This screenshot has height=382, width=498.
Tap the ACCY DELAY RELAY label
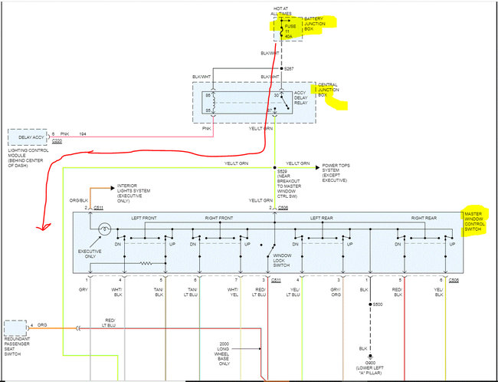click(x=304, y=98)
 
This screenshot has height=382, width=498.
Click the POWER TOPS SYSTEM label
click(x=341, y=170)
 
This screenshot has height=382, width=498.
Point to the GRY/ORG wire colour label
click(x=336, y=292)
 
